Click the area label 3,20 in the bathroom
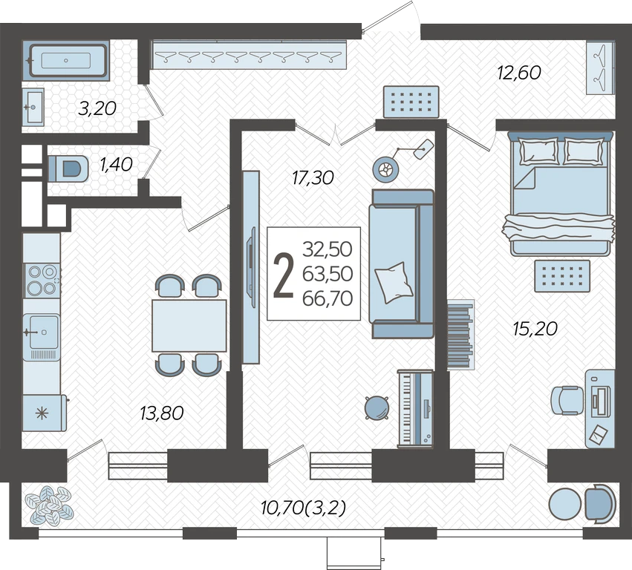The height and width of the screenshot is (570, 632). [x=97, y=108]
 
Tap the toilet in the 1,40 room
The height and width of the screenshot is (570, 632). [x=68, y=168]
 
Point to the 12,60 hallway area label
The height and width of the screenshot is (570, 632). [x=519, y=73]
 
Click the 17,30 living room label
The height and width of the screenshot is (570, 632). [x=313, y=177]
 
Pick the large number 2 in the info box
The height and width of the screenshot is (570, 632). [x=284, y=275]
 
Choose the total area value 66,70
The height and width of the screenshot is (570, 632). [x=328, y=298]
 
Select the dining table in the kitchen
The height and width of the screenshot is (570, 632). [x=189, y=326]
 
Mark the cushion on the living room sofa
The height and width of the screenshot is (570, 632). [x=394, y=282]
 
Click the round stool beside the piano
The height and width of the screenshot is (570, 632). [x=377, y=407]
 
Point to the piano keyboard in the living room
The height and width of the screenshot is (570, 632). [x=415, y=408]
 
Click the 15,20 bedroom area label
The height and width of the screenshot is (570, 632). [x=535, y=329]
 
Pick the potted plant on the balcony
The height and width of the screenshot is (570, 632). [x=49, y=505]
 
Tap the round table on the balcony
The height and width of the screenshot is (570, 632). [x=564, y=505]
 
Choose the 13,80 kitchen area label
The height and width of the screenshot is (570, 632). [x=162, y=413]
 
